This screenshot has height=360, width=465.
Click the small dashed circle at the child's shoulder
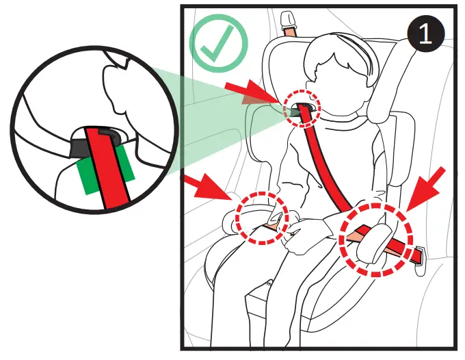click(x=302, y=108)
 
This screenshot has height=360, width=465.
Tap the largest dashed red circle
click(x=377, y=239)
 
